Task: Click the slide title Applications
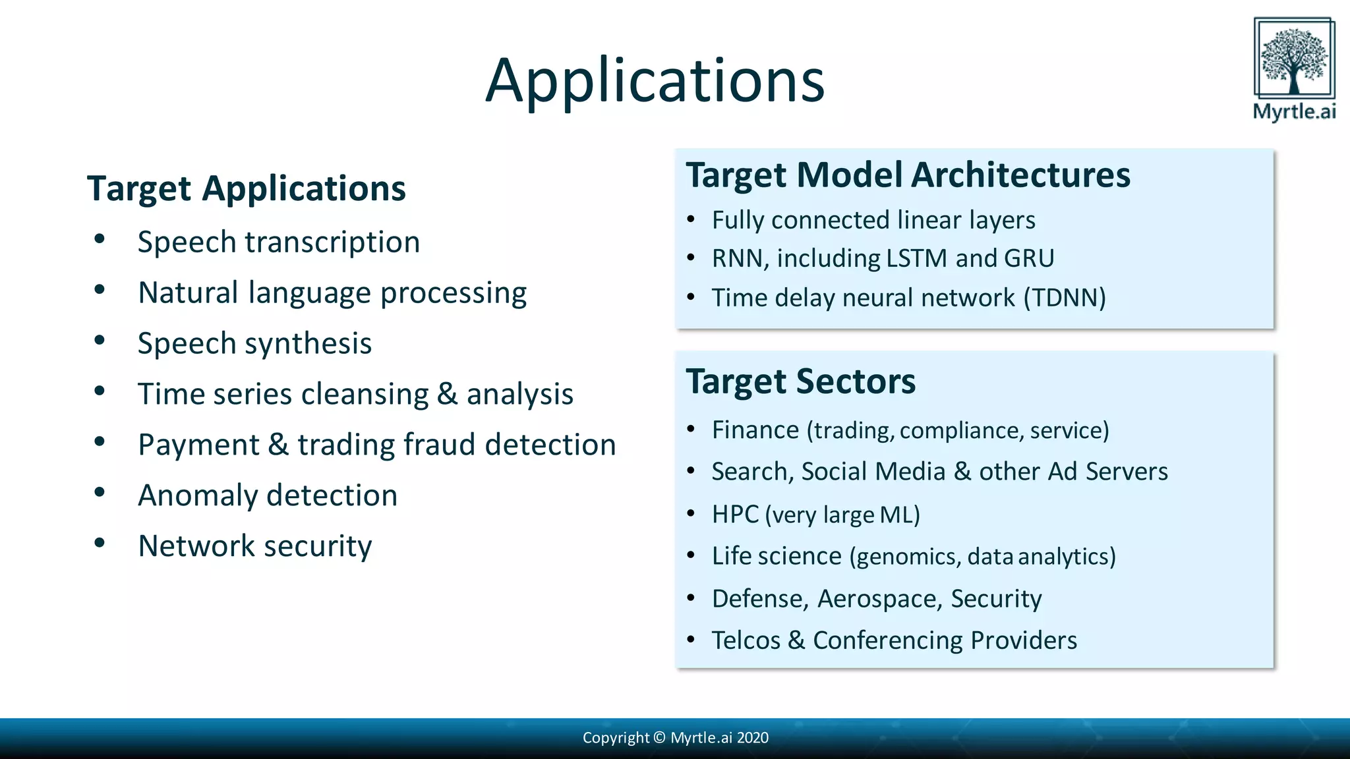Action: pyautogui.click(x=655, y=81)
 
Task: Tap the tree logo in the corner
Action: pyautogui.click(x=1294, y=59)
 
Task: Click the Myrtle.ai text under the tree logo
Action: pyautogui.click(x=1294, y=111)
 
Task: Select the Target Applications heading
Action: pyautogui.click(x=246, y=188)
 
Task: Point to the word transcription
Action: pyautogui.click(x=332, y=242)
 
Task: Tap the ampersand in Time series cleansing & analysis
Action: pyautogui.click(x=447, y=394)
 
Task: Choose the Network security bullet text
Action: pyautogui.click(x=254, y=546)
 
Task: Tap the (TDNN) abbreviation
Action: pyautogui.click(x=1065, y=298)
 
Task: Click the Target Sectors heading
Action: pyautogui.click(x=800, y=381)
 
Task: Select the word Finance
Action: pyautogui.click(x=755, y=430)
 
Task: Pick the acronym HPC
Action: pyautogui.click(x=735, y=515)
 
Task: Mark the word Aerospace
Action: pyautogui.click(x=877, y=599)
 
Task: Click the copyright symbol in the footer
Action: pyautogui.click(x=659, y=738)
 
